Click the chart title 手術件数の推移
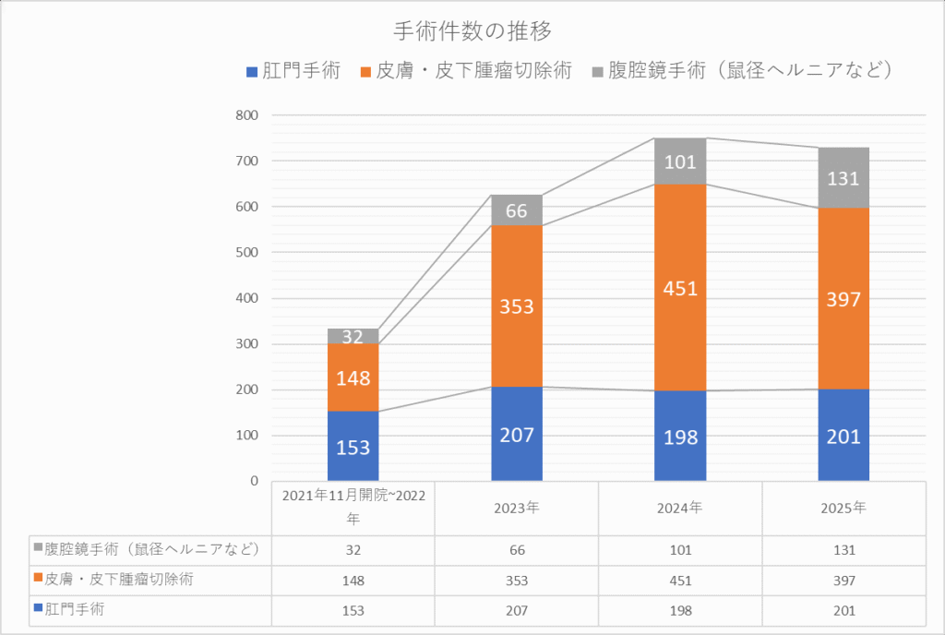pyautogui.click(x=472, y=31)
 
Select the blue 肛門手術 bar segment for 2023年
pyautogui.click(x=517, y=434)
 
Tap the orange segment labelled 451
pyautogui.click(x=680, y=287)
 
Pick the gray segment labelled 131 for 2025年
pyautogui.click(x=843, y=178)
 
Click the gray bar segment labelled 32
pyautogui.click(x=353, y=337)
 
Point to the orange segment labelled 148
pyautogui.click(x=353, y=377)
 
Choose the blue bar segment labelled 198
pyautogui.click(x=680, y=436)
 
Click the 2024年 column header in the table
pyautogui.click(x=680, y=508)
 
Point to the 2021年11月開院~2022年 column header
pyautogui.click(x=353, y=508)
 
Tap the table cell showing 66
pyautogui.click(x=517, y=549)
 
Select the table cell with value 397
pyautogui.click(x=843, y=581)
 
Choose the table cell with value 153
pyautogui.click(x=353, y=611)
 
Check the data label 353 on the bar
pyautogui.click(x=517, y=306)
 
